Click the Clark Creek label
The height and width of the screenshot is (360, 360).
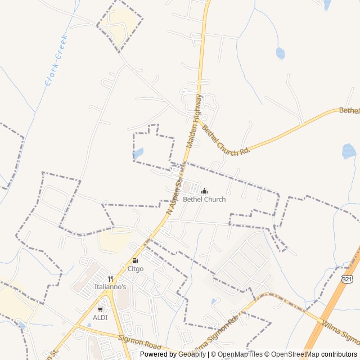[x=56, y=61]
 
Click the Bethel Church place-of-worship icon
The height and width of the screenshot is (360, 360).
[x=204, y=191]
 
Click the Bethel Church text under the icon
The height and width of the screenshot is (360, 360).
[x=204, y=200]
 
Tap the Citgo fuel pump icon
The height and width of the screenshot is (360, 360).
[x=135, y=260]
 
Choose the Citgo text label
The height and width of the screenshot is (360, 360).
[x=136, y=269]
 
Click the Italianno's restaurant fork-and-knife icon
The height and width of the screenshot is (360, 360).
[x=110, y=278]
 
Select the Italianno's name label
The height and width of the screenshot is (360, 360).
[x=110, y=287]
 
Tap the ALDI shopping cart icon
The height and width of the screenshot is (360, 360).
[x=100, y=309]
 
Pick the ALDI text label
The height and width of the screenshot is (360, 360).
[x=100, y=317]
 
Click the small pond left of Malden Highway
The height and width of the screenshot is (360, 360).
[x=138, y=153]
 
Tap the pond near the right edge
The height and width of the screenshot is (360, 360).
[x=349, y=151]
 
